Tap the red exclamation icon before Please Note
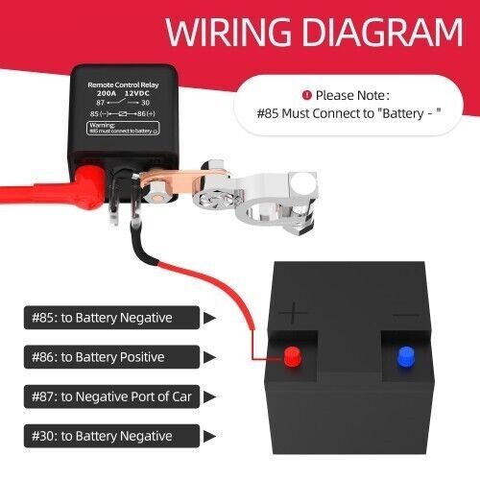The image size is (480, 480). [x=306, y=95]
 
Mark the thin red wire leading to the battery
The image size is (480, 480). [x=221, y=279]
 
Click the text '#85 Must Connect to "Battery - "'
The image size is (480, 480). [x=349, y=113]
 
